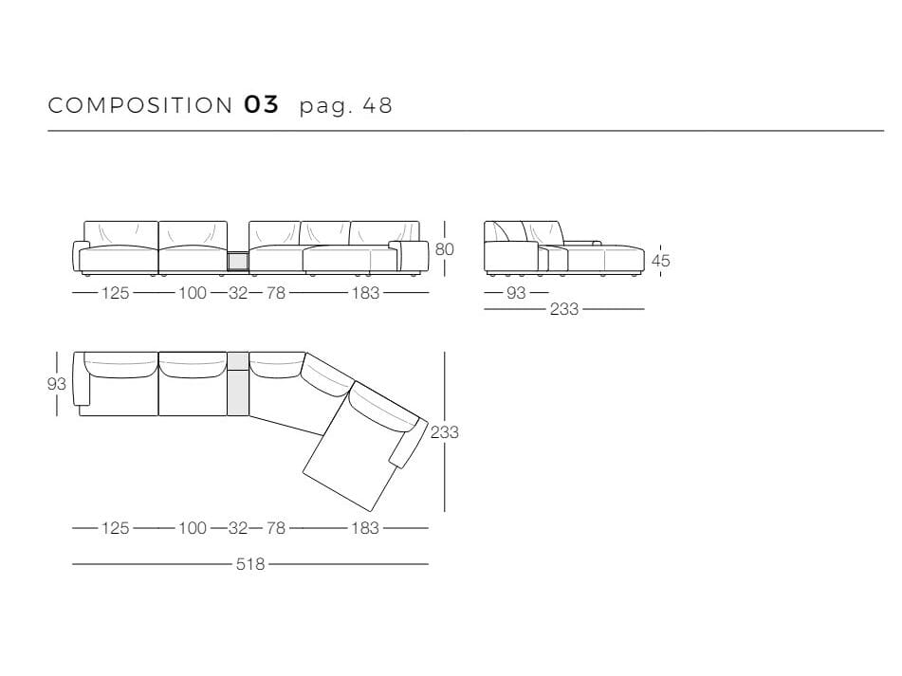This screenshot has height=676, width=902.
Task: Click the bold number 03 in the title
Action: point(261,104)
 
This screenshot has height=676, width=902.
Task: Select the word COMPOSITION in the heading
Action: point(140,105)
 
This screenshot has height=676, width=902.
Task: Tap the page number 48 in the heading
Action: point(377,105)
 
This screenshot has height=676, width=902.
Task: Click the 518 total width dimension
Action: point(250,564)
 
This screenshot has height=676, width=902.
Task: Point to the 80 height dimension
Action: point(444,249)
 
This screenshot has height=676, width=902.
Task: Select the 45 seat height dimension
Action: point(660,261)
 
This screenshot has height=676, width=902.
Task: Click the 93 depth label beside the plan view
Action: point(56,383)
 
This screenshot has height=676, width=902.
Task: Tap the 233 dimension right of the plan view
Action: point(445,431)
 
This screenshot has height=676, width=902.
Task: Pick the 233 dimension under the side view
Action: point(563,309)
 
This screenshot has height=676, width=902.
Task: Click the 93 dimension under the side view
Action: point(516,293)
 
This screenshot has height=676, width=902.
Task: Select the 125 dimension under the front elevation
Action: point(115,293)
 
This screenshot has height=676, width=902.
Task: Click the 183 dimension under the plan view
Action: point(365,528)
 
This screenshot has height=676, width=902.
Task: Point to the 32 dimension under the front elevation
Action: point(237,293)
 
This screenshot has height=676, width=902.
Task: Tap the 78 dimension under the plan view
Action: point(276,528)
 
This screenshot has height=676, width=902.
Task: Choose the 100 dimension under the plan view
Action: point(193,528)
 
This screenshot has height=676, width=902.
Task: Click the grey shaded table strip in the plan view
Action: point(237,383)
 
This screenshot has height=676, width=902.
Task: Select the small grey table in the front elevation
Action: point(237,262)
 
